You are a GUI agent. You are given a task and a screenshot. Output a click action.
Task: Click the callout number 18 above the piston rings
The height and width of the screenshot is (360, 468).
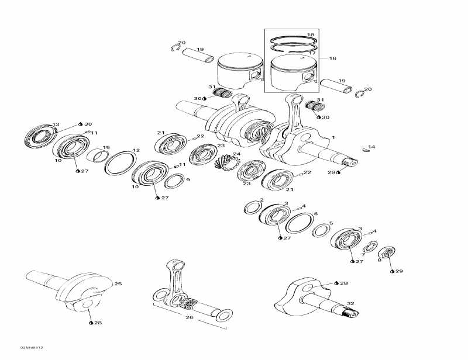pos(311,35)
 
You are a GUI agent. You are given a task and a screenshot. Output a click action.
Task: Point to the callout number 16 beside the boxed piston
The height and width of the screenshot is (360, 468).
pos(332,58)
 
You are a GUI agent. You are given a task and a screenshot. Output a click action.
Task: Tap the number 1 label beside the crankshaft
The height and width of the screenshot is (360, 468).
pos(333,137)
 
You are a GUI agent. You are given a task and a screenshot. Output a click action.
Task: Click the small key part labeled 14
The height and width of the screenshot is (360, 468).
pos(366,150)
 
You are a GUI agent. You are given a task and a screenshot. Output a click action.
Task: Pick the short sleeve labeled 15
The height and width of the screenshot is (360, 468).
pos(98,155)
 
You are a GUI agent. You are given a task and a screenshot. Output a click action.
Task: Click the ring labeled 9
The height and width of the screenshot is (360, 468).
pos(174,181)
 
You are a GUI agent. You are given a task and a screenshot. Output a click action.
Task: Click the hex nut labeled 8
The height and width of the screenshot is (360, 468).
pos(387,253)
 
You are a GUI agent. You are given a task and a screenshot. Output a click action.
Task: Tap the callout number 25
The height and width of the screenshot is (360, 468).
pos(118,283)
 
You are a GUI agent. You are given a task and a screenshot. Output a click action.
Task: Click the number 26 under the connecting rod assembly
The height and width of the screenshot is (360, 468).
pos(190,317)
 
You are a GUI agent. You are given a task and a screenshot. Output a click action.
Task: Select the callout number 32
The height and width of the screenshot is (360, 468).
pos(350,303)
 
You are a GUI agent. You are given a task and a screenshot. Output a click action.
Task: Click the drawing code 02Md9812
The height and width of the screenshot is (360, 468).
pos(32,348)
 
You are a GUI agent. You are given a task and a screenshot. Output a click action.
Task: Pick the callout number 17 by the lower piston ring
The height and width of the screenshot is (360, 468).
pos(312,53)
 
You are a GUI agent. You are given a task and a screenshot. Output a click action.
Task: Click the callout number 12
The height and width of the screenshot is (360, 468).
pos(136,150)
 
